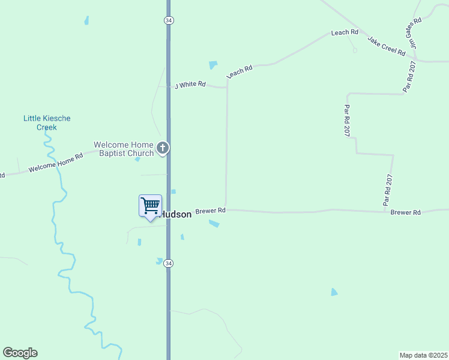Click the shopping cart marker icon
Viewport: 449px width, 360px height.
point(150,206)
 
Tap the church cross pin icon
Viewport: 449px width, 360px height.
point(162,148)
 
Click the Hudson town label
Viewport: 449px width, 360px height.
point(176,214)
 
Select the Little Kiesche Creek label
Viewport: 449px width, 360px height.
point(47,122)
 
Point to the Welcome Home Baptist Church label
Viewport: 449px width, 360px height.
point(124,149)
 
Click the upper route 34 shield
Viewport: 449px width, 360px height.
point(169,20)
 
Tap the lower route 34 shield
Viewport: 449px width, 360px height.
point(169,263)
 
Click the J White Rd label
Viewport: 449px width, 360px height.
point(190,85)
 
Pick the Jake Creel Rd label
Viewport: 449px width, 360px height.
point(387,46)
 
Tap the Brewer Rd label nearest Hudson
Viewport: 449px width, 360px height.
point(210,211)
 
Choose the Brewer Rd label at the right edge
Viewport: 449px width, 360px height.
point(406,212)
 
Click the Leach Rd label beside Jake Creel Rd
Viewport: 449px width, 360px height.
point(345,32)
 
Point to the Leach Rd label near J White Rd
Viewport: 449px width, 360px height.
point(240,71)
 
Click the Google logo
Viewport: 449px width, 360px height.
point(20,353)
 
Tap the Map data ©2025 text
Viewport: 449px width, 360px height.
point(423,355)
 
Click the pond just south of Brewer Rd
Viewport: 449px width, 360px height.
point(214,224)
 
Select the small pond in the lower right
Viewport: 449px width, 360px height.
point(334,292)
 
